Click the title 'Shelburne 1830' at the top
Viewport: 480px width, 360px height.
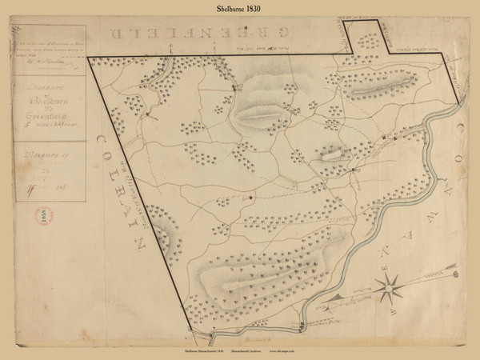(240, 9)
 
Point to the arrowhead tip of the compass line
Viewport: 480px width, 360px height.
(458, 273)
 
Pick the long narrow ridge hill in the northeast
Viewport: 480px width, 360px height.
(382, 85)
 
